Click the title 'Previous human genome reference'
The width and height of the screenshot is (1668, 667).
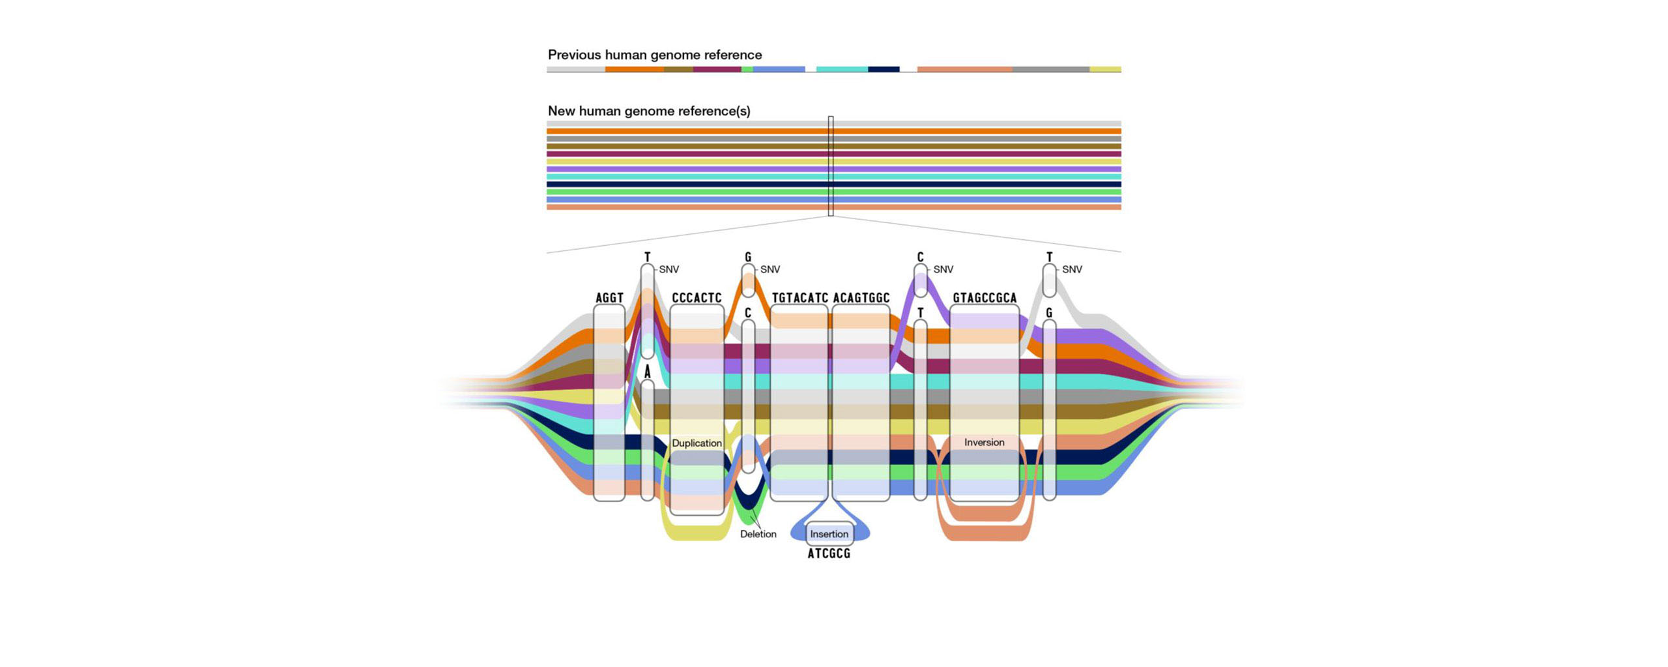coord(654,55)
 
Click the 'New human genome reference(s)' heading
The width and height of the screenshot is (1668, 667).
coord(648,111)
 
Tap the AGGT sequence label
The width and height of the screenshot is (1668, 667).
coord(609,298)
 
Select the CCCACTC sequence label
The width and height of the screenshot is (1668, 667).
coord(697,298)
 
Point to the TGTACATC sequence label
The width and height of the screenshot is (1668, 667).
coord(799,298)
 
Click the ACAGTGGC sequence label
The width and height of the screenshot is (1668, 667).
coord(861,298)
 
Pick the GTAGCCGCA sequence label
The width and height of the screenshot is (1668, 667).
coord(984,298)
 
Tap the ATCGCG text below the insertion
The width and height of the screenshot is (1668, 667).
coord(829,554)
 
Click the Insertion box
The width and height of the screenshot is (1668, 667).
coord(829,534)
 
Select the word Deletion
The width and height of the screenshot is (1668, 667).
coord(758,534)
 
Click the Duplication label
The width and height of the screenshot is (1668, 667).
coord(697,443)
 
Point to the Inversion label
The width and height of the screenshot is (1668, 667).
coord(984,442)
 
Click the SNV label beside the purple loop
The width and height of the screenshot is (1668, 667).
coord(943,269)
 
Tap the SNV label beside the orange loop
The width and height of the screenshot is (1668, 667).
coord(769,269)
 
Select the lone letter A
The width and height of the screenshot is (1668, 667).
coord(647,372)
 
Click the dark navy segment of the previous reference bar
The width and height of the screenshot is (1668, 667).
coord(884,69)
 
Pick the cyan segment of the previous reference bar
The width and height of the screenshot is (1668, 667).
coord(842,69)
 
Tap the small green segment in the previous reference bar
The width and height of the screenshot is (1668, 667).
coord(747,69)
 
